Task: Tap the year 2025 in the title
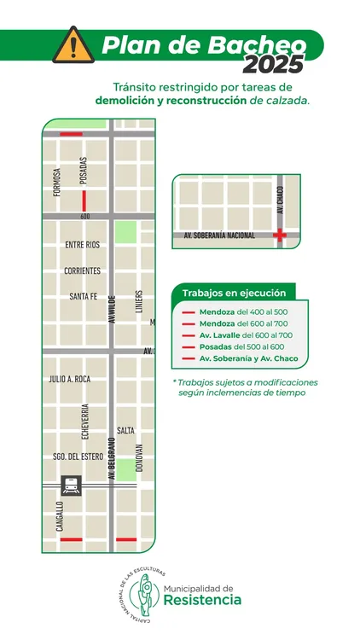pyautogui.click(x=273, y=64)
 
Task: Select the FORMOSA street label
pyautogui.click(x=58, y=182)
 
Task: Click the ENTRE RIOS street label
pyautogui.click(x=82, y=245)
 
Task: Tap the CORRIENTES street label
pyautogui.click(x=82, y=271)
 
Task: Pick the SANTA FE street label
pyautogui.click(x=86, y=297)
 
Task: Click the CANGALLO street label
pyautogui.click(x=60, y=515)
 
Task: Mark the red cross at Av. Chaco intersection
pyautogui.click(x=279, y=236)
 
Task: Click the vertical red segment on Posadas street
pyautogui.click(x=84, y=201)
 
